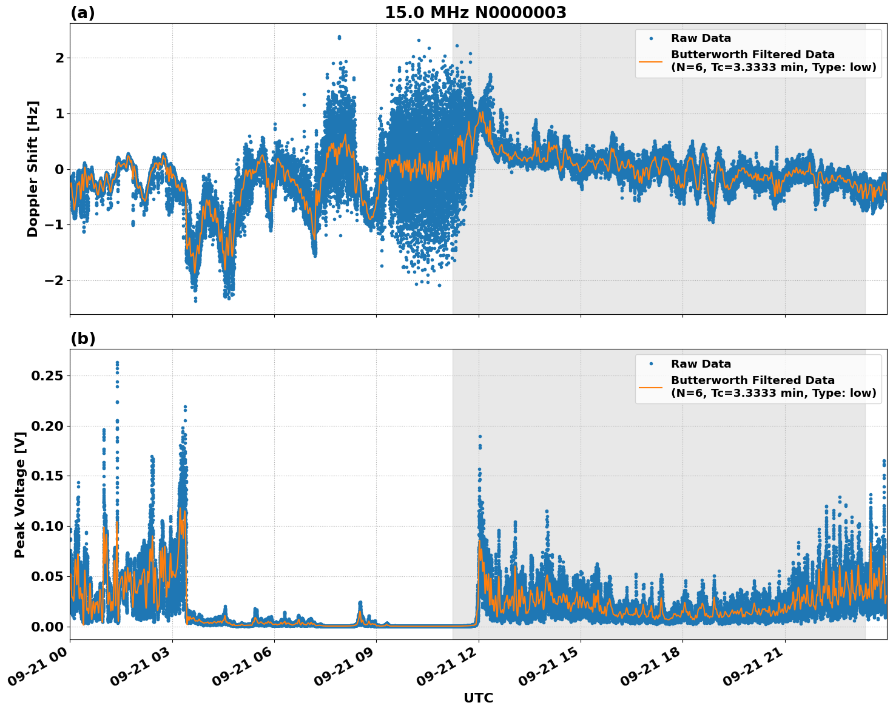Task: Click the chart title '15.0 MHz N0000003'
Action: tap(475, 13)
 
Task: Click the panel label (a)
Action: tap(83, 13)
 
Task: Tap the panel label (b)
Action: tap(83, 339)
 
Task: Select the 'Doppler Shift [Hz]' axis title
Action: tap(33, 169)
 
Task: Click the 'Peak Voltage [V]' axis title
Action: tap(20, 494)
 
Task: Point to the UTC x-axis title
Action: tap(478, 698)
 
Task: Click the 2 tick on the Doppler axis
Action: tap(59, 58)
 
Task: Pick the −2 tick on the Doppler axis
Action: tap(53, 281)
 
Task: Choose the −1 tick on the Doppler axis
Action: tap(53, 225)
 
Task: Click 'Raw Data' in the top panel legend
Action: tap(701, 39)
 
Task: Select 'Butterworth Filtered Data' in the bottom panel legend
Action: tap(752, 380)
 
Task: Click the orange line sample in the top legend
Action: tap(650, 61)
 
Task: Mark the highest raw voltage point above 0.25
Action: tap(117, 363)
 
